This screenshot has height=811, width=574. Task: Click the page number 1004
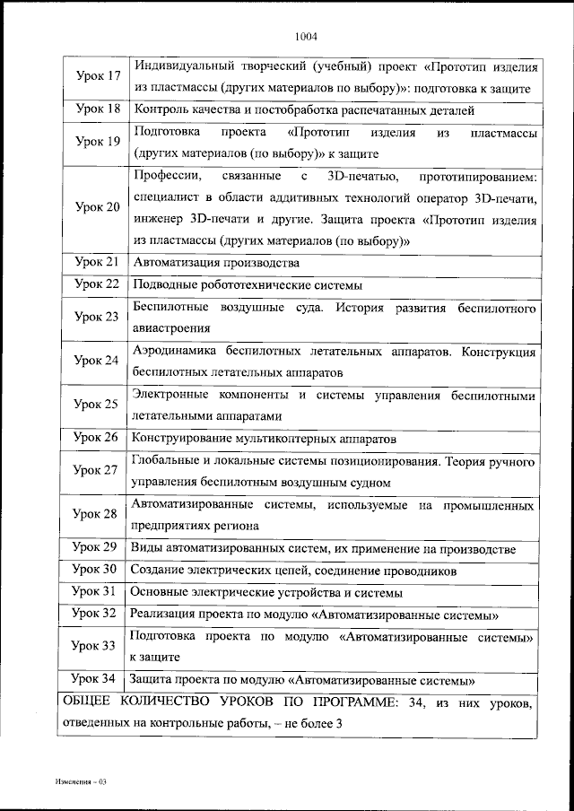306,37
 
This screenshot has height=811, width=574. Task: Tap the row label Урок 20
98,207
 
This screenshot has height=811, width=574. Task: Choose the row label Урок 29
95,547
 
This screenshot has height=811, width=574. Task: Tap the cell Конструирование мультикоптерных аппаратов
264,439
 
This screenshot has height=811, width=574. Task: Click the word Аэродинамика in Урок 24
176,351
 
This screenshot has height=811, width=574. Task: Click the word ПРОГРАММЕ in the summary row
355,702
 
